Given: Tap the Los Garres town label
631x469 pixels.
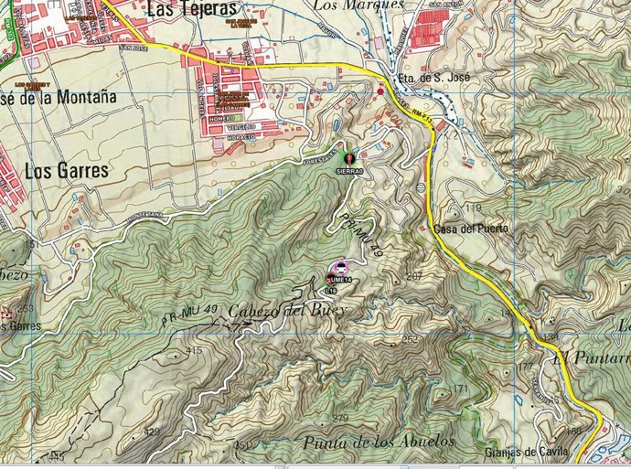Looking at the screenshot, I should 67,170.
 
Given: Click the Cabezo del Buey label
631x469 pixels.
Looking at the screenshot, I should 286,311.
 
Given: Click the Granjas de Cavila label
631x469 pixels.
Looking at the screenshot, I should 527,453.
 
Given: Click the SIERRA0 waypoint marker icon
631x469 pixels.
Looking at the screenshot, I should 348,159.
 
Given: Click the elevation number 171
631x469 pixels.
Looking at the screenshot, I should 457,389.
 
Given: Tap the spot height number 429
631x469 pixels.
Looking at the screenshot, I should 152,432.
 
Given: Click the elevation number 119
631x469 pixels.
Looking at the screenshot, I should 473,209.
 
